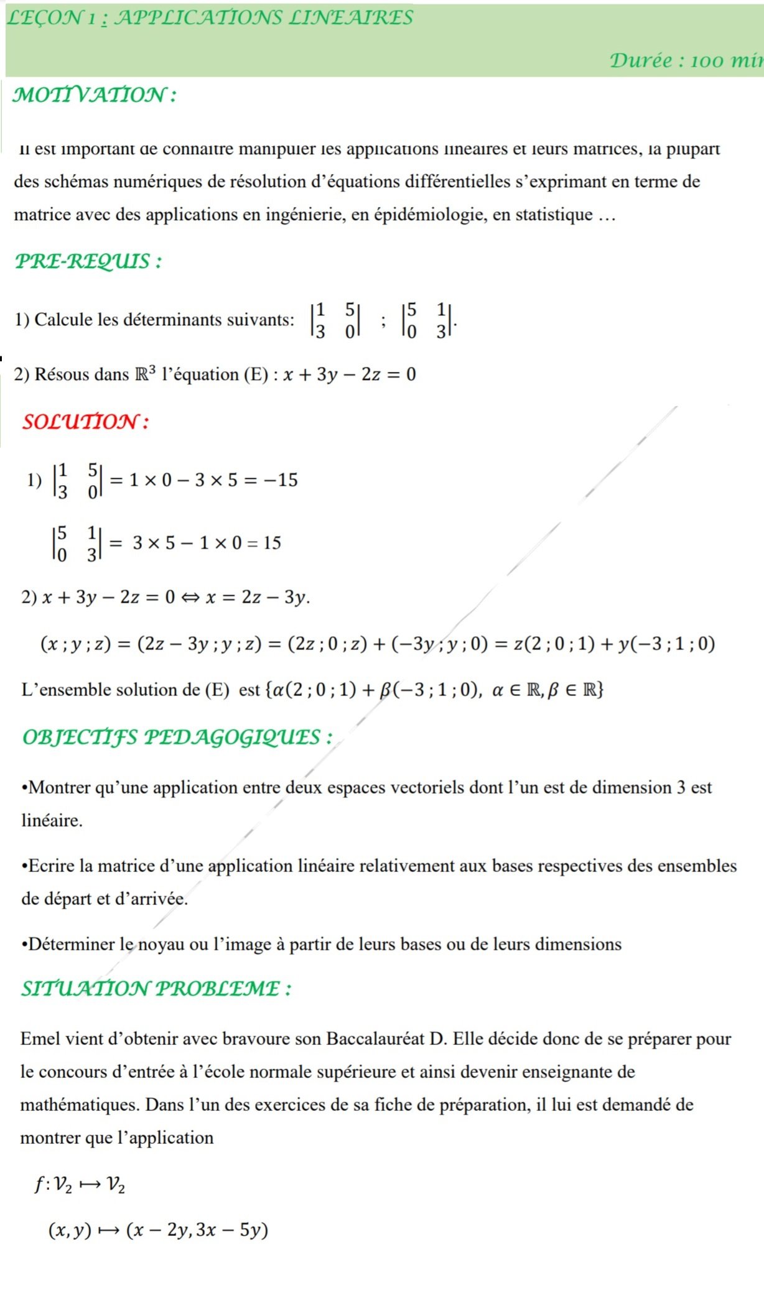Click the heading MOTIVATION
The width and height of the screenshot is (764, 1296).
(x=93, y=95)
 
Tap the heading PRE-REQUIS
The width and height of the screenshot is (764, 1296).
(x=88, y=261)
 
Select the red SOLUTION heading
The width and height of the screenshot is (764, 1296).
(x=85, y=422)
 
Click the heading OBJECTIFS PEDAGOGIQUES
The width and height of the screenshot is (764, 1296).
(x=177, y=737)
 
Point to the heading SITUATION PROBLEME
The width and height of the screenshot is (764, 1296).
(x=156, y=988)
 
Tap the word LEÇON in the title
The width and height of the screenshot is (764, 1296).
(x=44, y=17)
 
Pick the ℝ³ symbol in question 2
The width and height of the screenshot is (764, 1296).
(x=145, y=374)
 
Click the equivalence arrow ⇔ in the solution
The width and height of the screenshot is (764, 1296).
(x=190, y=598)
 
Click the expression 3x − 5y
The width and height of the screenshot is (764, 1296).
(x=231, y=1230)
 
